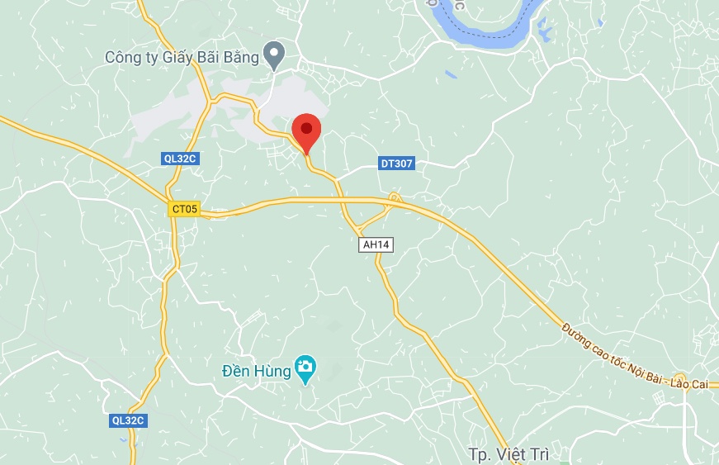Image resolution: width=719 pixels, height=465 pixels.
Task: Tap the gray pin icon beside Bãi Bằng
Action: pyautogui.click(x=273, y=56)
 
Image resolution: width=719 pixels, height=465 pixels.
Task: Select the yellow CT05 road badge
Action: pyautogui.click(x=183, y=209)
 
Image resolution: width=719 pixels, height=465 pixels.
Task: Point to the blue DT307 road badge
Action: pyautogui.click(x=396, y=164)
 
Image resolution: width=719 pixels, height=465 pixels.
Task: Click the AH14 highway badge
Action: pyautogui.click(x=375, y=244)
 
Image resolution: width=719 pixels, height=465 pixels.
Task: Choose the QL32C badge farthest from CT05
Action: pyautogui.click(x=128, y=420)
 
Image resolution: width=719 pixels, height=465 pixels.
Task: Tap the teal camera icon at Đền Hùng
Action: pyautogui.click(x=306, y=367)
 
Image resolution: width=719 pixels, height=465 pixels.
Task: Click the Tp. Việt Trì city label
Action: pyautogui.click(x=508, y=454)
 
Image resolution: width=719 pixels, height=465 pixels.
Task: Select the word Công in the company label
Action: pyautogui.click(x=122, y=58)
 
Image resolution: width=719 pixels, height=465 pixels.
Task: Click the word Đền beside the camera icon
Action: pyautogui.click(x=237, y=371)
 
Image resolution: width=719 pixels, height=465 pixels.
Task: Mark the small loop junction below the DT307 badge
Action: pyautogui.click(x=395, y=197)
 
